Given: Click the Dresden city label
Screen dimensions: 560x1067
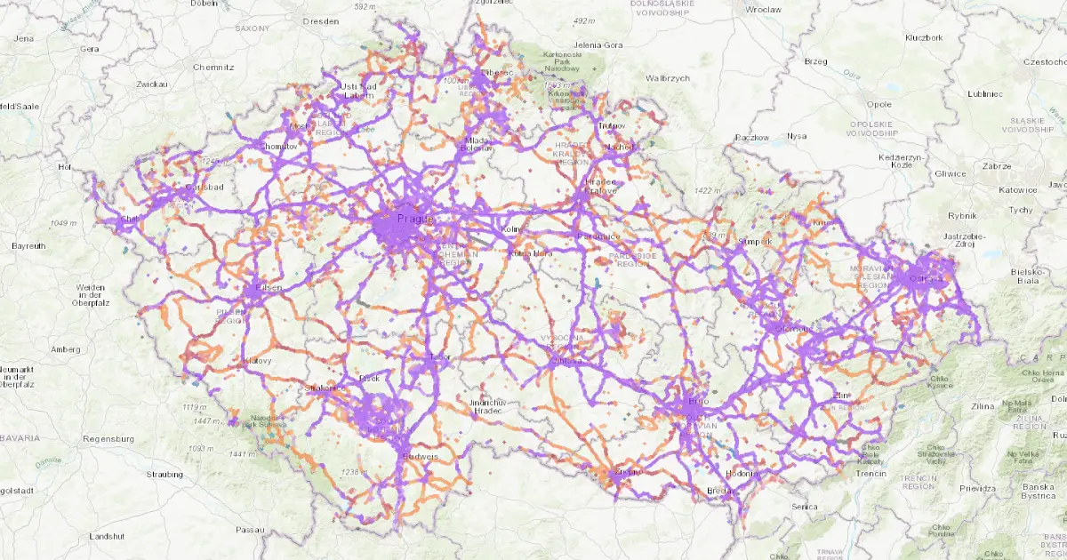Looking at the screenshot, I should point(321,20).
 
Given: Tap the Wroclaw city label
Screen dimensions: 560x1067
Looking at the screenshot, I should point(764,9).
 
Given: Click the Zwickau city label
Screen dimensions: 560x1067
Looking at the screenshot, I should point(152,84).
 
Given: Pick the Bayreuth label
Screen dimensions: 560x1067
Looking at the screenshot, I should point(29,244).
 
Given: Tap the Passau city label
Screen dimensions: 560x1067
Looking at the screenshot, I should point(250,530).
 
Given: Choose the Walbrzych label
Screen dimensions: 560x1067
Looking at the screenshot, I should point(667,78).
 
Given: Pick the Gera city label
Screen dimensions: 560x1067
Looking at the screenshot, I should point(89,49).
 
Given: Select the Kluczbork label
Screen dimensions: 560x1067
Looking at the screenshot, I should point(922,37).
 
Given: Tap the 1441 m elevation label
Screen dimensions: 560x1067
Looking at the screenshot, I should point(242,454).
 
